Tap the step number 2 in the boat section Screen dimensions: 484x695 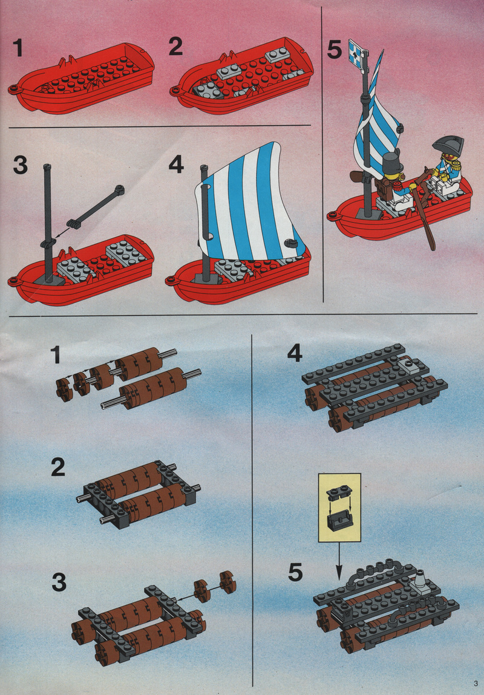click(x=175, y=47)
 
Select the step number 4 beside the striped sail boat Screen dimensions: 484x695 click(x=176, y=165)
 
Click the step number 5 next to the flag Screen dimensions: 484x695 click(x=335, y=50)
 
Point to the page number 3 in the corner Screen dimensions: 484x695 click(x=476, y=682)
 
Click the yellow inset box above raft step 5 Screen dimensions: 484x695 click(x=339, y=507)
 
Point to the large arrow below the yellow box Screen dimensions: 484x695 click(x=339, y=561)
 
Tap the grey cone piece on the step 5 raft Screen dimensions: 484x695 click(x=421, y=581)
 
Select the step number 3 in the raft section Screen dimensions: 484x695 click(x=59, y=582)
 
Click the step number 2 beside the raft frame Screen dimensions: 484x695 click(x=58, y=468)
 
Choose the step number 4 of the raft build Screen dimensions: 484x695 click(x=295, y=353)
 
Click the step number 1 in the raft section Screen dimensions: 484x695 click(x=56, y=355)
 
